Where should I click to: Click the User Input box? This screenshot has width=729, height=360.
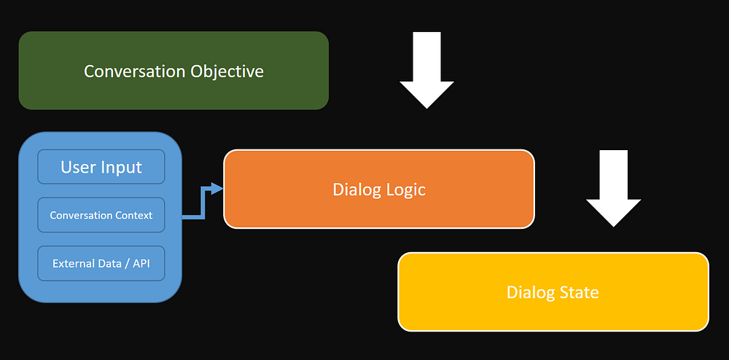click(101, 167)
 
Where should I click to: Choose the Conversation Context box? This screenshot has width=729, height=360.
click(101, 215)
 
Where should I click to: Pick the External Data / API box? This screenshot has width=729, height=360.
click(101, 263)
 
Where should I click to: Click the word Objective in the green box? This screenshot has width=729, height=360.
click(227, 71)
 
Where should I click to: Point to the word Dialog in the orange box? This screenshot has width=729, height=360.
click(354, 189)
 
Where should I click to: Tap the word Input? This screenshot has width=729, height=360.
click(121, 167)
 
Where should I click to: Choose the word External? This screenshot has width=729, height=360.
click(74, 263)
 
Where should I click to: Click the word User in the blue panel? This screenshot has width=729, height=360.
click(78, 167)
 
